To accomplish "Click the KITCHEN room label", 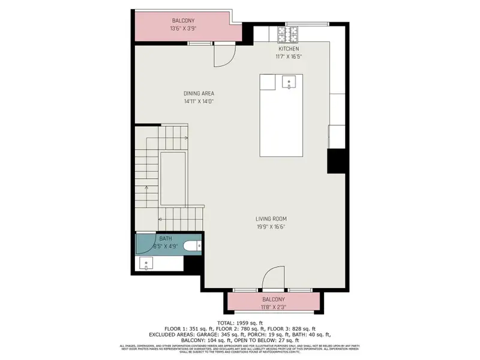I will point(289,49).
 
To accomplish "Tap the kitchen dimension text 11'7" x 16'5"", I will point(289,56).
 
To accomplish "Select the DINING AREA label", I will point(199,94).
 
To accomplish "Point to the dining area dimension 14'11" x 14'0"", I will point(199,101).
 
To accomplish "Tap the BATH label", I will point(148,238).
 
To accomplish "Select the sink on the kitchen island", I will point(290,82).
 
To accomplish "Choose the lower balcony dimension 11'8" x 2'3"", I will point(274,307).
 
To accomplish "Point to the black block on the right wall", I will point(337,160).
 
